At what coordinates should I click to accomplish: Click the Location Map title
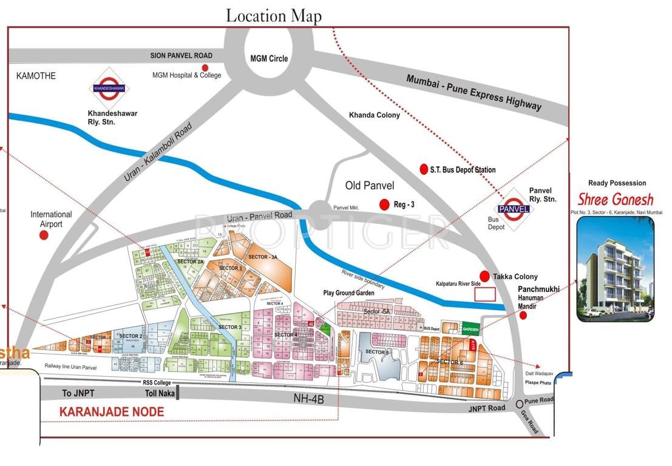[x=274, y=15]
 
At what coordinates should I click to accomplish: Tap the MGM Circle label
[x=269, y=59]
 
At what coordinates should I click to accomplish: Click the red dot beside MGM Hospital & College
[x=205, y=67]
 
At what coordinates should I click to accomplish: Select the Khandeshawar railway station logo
[x=109, y=89]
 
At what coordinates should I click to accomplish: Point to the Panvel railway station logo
[x=515, y=209]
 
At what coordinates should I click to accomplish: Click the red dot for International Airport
[x=44, y=235]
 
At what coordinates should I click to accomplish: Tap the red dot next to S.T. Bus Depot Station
[x=424, y=169]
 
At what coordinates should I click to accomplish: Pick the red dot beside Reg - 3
[x=384, y=204]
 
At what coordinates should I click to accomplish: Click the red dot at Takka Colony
[x=484, y=276]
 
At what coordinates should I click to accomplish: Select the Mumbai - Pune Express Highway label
[x=473, y=92]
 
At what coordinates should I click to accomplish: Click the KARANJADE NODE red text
[x=111, y=412]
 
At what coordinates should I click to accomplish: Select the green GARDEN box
[x=470, y=328]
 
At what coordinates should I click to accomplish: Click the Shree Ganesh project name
[x=615, y=199]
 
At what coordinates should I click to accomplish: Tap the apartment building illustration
[x=615, y=269]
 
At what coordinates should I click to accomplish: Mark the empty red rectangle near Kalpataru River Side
[x=484, y=294]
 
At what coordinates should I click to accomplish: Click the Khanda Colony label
[x=374, y=115]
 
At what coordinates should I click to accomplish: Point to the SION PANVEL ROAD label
[x=181, y=56]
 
